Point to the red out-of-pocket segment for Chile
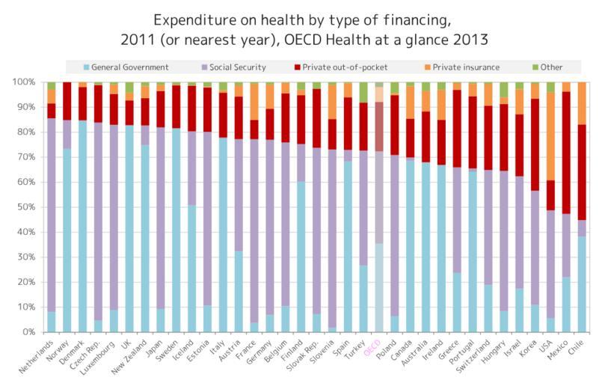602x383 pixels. point(581,172)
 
